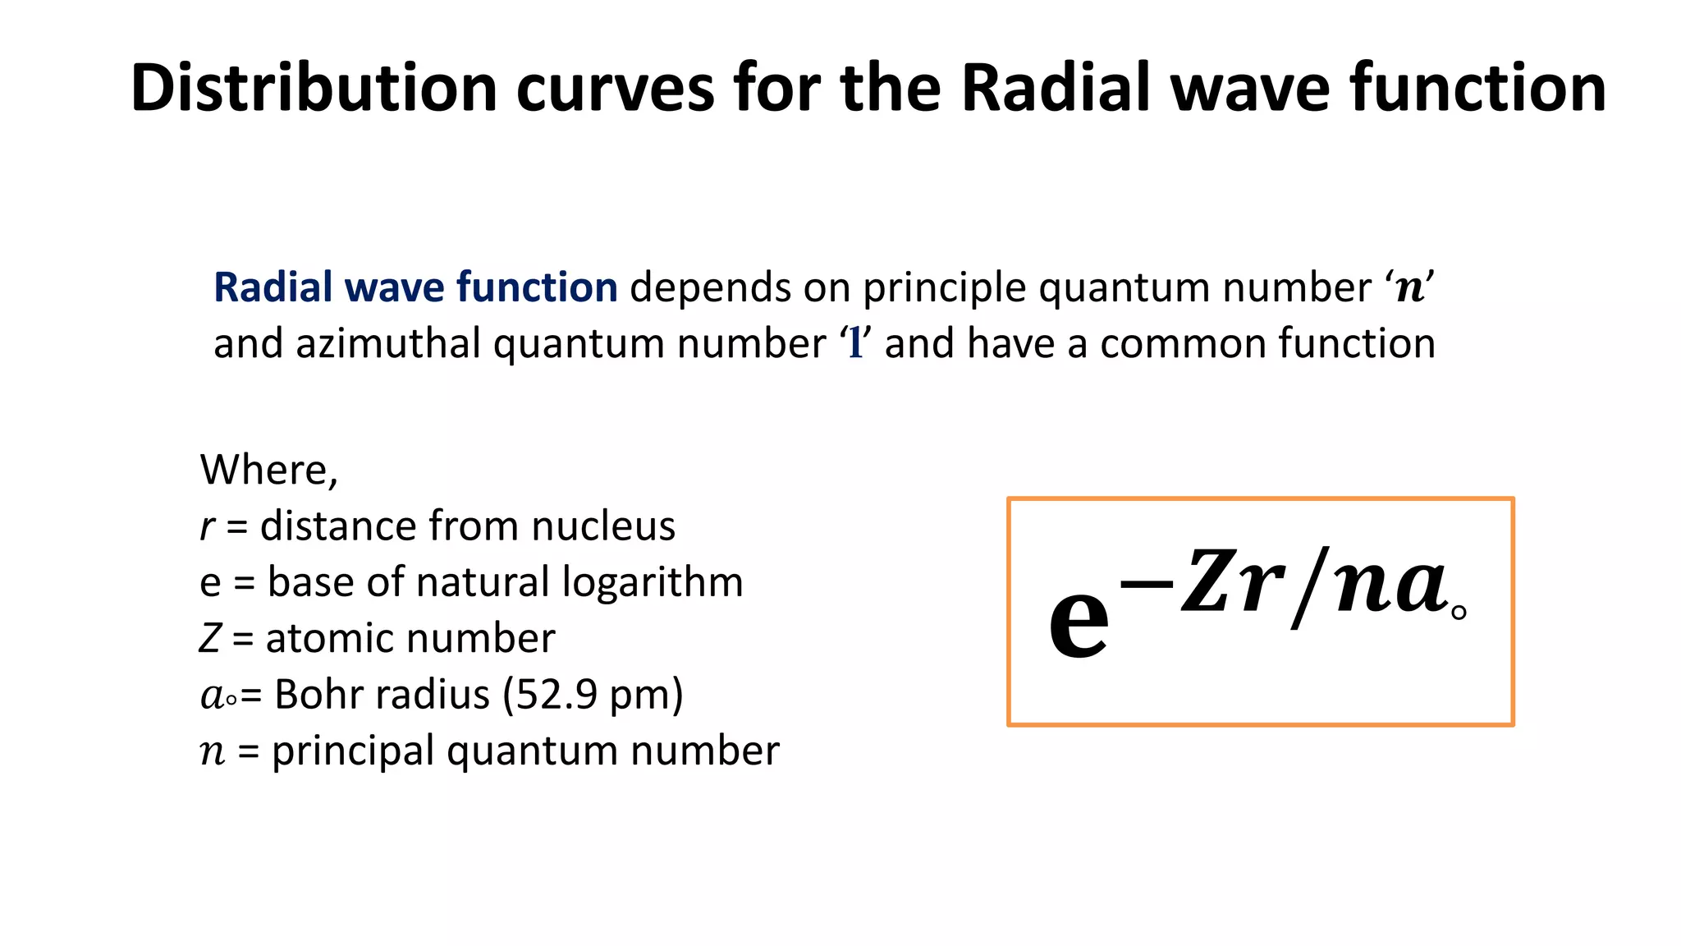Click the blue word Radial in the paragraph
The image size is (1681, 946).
(273, 287)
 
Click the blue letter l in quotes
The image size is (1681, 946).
(855, 344)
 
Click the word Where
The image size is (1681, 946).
(264, 470)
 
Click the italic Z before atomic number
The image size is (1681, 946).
(210, 639)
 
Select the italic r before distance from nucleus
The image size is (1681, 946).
(208, 527)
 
